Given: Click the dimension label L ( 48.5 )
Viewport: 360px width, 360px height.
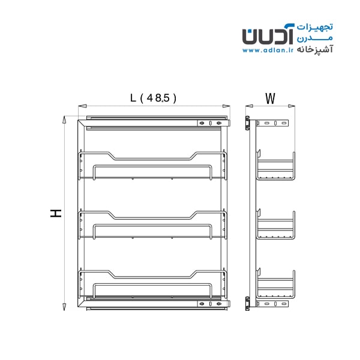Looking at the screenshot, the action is click(153, 98).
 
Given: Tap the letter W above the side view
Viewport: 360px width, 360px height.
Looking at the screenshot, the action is click(270, 98).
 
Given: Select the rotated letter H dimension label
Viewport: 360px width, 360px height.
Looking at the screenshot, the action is click(56, 213).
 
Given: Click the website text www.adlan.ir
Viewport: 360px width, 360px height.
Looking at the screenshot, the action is click(268, 50).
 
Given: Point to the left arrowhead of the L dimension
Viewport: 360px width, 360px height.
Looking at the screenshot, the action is click(82, 106).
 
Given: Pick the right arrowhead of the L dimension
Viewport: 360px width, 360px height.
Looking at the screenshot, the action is click(226, 106).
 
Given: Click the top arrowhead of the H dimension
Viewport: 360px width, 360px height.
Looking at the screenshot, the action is click(64, 120).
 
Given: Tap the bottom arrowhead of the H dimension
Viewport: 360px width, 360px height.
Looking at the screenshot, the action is click(64, 307).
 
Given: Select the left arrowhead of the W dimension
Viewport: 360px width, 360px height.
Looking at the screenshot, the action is click(249, 106).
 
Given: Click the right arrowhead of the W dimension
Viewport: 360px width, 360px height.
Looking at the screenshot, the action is click(292, 106).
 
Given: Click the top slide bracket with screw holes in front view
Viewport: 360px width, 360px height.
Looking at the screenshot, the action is click(214, 123).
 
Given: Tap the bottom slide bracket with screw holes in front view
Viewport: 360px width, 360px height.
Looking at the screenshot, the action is click(214, 304).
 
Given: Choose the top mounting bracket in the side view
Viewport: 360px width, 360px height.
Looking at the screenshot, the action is click(272, 123).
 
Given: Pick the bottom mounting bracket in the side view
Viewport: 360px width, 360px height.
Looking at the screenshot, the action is click(272, 304).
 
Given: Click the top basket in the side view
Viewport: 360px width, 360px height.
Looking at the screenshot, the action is click(275, 166).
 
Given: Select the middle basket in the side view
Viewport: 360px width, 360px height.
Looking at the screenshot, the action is click(275, 224).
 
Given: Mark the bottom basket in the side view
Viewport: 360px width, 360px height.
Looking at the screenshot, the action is click(275, 283).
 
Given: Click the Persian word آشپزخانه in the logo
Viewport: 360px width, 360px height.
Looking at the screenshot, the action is click(315, 50).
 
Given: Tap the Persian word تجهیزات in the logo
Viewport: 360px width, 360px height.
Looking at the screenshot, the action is click(315, 27).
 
